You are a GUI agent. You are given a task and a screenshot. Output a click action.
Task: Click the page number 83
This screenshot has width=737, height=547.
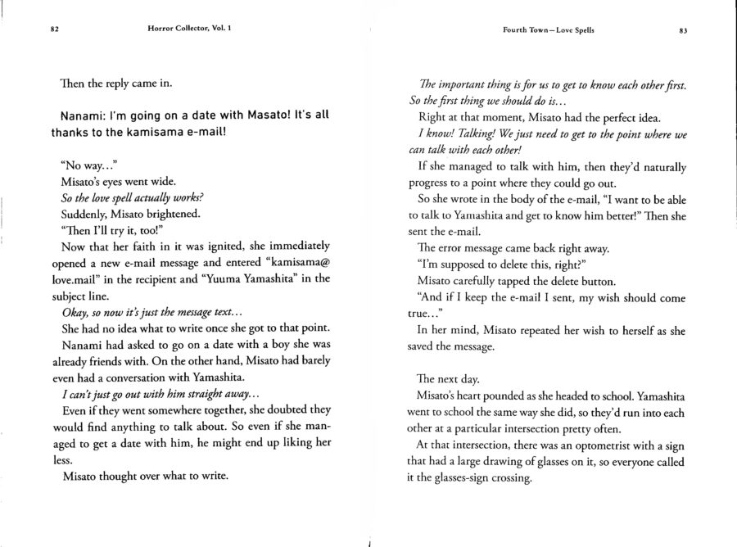[682, 29]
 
